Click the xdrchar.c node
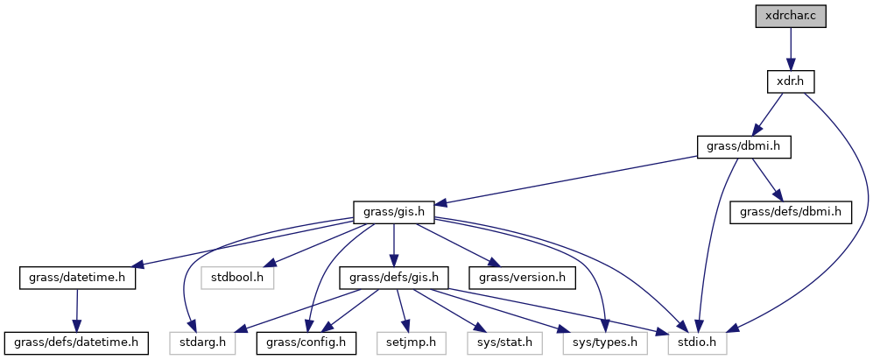click(791, 17)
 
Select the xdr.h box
click(791, 81)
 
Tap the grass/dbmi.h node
click(743, 146)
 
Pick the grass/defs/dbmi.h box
click(791, 211)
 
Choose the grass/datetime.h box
click(78, 278)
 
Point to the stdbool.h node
click(238, 278)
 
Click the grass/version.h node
click(522, 278)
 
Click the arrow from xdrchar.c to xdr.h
click(791, 48)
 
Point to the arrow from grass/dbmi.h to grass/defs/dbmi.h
click(766, 179)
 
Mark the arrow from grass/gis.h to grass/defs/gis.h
click(395, 244)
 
